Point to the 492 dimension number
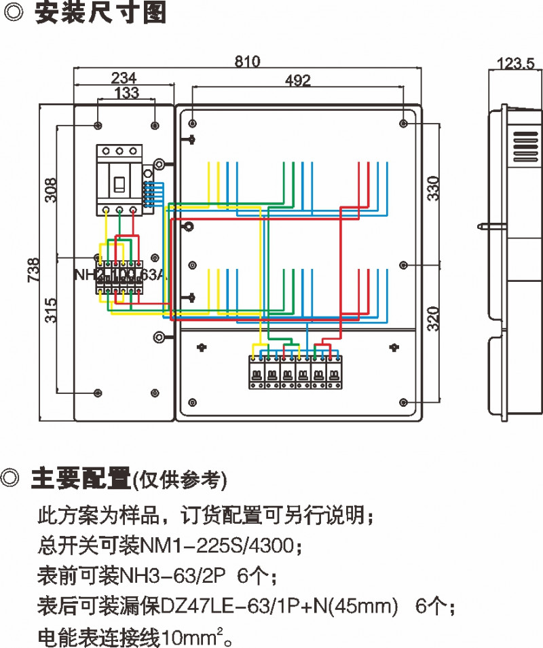pos(297,81)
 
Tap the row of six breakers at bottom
pos(295,372)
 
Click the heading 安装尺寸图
pos(100,14)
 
